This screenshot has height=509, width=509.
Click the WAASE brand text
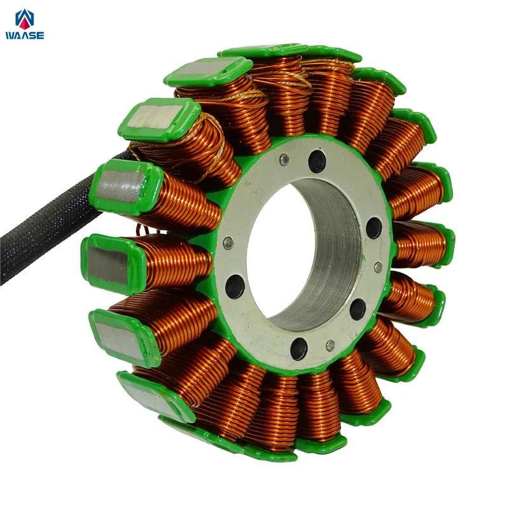[25, 36]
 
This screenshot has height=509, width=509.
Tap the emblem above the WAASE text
[25, 20]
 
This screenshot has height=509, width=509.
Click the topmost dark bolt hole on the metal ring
[317, 160]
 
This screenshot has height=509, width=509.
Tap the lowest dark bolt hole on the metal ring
[299, 348]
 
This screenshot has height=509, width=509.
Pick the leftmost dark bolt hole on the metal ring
[234, 286]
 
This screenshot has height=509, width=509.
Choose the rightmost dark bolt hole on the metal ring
[373, 228]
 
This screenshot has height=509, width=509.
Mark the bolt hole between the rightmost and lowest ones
[358, 309]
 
